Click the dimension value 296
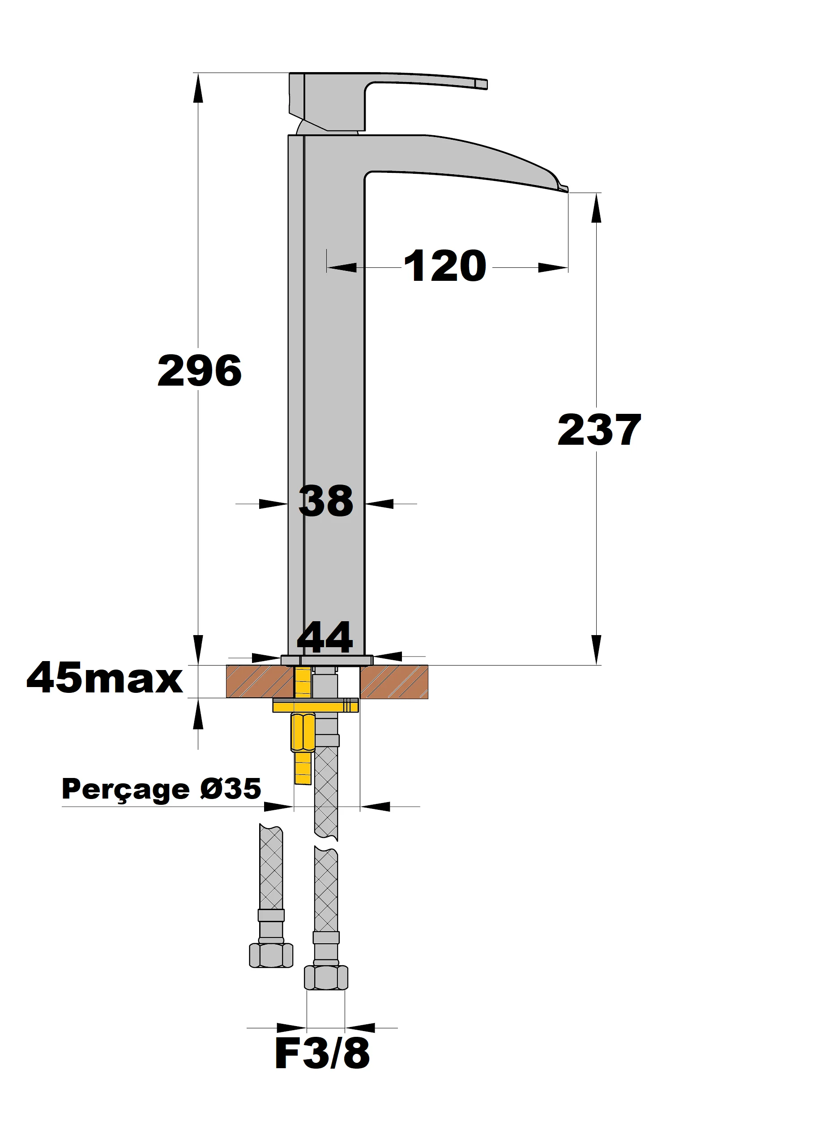pos(200,371)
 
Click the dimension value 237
pos(599,430)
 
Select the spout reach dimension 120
pos(444,266)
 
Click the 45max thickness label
pos(105,678)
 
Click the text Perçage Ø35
pos(161,789)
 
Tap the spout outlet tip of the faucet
pos(564,188)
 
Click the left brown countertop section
pos(259,681)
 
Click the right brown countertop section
pos(394,681)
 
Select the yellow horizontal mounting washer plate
pos(315,705)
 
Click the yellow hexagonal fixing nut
pos(303,732)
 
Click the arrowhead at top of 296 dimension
pos(198,87)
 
